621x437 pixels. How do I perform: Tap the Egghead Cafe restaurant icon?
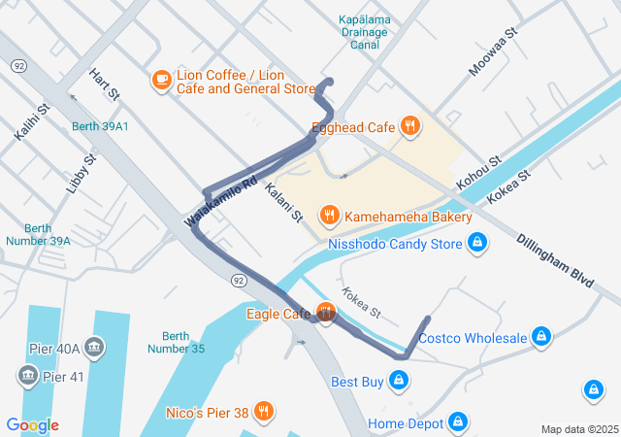[411, 125]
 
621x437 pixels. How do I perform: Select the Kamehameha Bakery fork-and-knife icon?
[330, 215]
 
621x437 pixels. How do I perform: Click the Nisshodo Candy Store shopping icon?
[476, 244]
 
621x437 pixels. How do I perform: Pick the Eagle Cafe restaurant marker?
[325, 313]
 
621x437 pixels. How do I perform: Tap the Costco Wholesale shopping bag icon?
[541, 338]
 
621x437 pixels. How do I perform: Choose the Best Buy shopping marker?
[398, 381]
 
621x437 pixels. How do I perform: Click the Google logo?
[32, 425]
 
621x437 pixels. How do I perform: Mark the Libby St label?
[82, 173]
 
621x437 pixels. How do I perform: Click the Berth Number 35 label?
[177, 342]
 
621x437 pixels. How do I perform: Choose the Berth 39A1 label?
[100, 126]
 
